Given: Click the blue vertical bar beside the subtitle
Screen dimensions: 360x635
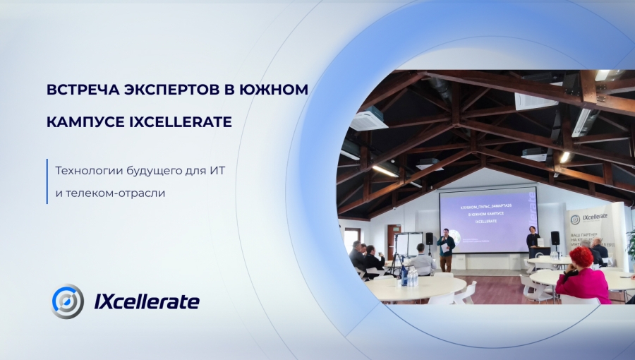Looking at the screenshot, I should click(x=47, y=181).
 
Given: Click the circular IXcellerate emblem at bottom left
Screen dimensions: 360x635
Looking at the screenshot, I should click(x=68, y=301).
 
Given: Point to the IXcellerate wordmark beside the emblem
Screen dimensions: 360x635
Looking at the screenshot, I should click(x=147, y=301).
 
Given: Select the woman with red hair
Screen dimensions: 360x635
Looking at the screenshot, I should click(x=582, y=275).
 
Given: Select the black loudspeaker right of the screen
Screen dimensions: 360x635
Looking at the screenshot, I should click(x=555, y=238).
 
